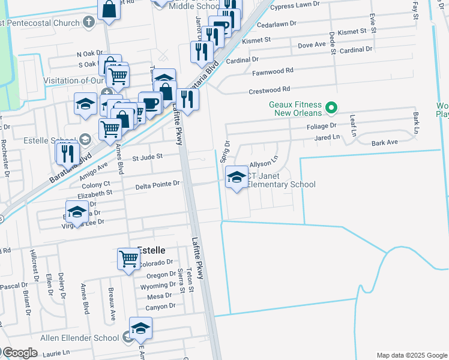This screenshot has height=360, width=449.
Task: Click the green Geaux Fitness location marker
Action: point(330,108)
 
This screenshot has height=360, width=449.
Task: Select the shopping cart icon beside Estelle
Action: point(128,259)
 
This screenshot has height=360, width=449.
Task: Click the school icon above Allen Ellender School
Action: point(140,328)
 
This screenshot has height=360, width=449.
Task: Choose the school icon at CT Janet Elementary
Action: point(237,176)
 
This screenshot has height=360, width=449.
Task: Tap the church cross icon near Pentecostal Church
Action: point(89,23)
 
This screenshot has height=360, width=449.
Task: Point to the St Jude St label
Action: point(147,157)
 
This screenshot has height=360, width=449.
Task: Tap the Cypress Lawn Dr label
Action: point(295,6)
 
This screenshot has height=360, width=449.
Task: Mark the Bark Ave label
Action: point(385,143)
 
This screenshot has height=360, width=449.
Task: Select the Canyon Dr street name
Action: point(160,306)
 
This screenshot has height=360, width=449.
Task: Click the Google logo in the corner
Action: point(19,353)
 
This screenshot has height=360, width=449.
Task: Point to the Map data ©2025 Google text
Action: point(411,355)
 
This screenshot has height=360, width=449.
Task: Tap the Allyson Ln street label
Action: point(264,163)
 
